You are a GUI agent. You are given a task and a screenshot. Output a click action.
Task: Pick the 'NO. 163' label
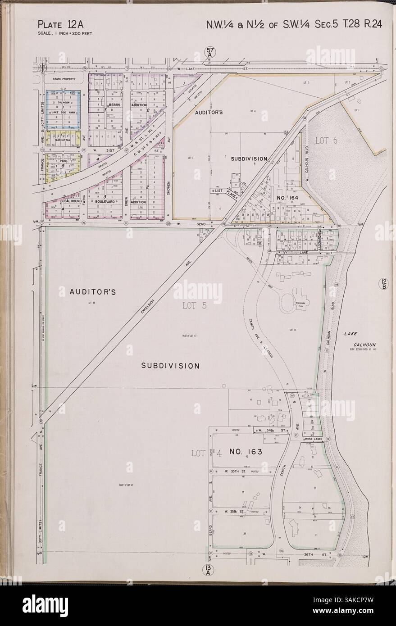point(246,451)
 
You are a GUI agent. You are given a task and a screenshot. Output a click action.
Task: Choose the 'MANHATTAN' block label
point(63,140)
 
